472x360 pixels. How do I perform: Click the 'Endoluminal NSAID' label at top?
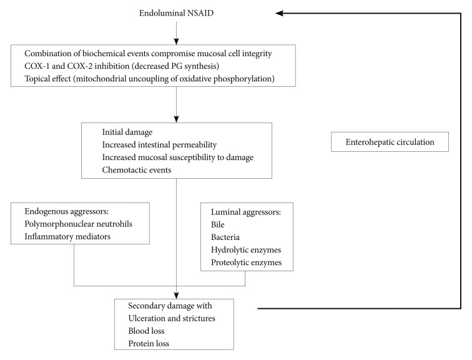(x=176, y=13)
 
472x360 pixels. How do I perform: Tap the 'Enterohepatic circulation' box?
(x=390, y=142)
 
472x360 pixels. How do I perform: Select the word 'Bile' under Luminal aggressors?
(x=218, y=225)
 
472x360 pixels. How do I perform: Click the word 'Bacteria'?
(x=225, y=237)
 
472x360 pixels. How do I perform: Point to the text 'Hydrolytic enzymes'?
(x=246, y=250)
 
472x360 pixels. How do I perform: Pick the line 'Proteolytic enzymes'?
(x=246, y=262)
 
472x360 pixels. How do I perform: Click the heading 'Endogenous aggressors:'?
(x=67, y=211)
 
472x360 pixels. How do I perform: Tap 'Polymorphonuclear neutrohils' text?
(x=78, y=224)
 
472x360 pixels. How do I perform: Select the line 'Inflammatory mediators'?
(x=67, y=236)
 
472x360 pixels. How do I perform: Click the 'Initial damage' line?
(x=127, y=132)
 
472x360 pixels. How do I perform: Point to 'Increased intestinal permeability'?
(x=159, y=145)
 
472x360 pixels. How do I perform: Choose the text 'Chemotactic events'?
(x=137, y=170)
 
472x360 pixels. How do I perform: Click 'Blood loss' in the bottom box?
(x=146, y=331)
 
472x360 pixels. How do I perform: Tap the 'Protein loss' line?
(x=149, y=343)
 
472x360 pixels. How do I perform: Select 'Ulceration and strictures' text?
(x=172, y=318)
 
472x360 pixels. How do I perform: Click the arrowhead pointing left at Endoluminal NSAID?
(x=279, y=13)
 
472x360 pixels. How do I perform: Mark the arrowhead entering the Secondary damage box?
(x=177, y=296)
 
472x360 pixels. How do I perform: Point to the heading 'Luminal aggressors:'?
(x=246, y=212)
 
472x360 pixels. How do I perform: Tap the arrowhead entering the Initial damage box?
(x=177, y=119)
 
